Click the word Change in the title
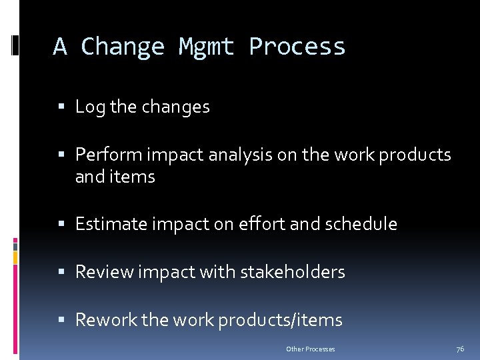pos(122,47)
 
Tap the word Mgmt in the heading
pos(206,47)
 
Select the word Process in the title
pos(297,47)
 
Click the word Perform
pos(110,155)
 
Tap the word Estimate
pos(113,224)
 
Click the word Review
pos(103,272)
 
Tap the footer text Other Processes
pos(310,349)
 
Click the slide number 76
pos(460,349)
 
